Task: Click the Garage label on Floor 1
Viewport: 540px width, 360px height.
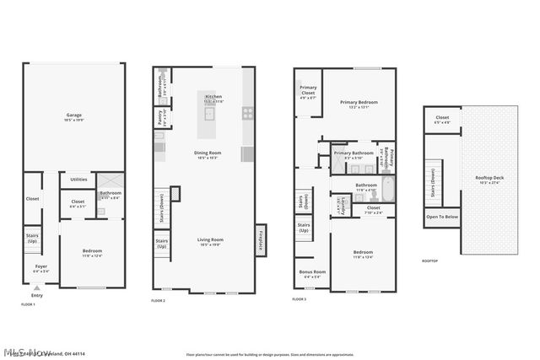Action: [73, 116]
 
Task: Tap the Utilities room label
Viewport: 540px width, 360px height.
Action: [78, 179]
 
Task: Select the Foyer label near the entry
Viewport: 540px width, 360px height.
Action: [40, 267]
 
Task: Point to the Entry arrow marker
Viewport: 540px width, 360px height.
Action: [36, 287]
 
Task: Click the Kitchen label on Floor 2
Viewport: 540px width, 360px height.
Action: [213, 98]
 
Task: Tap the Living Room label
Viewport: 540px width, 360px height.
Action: [208, 240]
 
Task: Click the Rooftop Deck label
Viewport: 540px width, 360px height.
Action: [489, 178]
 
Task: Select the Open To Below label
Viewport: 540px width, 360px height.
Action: [441, 218]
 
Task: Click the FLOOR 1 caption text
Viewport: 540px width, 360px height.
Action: [28, 304]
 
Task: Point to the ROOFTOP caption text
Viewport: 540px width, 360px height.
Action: [430, 262]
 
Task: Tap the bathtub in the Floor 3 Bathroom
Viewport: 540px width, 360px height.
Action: [387, 186]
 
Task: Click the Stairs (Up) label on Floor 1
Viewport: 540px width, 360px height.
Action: [32, 239]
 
